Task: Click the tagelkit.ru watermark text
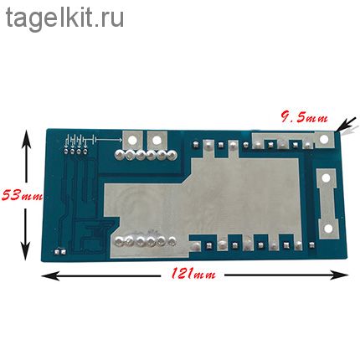coord(64,18)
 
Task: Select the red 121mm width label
coord(193,274)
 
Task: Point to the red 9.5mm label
coord(304,117)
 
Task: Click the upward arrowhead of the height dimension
coord(27,137)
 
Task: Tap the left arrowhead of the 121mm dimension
coord(50,275)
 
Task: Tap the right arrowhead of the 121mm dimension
coord(339,275)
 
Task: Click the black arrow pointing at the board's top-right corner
coord(346,124)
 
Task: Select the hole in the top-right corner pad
coord(324,139)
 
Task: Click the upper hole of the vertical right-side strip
coord(326,177)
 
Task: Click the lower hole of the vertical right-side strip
coord(328,229)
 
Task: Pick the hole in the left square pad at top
coord(133,139)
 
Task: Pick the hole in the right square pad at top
coord(157,140)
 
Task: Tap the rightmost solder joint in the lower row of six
coord(172,240)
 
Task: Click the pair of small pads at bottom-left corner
coord(60,252)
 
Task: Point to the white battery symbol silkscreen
coord(80,140)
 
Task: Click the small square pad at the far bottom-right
coord(311,245)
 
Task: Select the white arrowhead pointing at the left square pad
coord(120,140)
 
